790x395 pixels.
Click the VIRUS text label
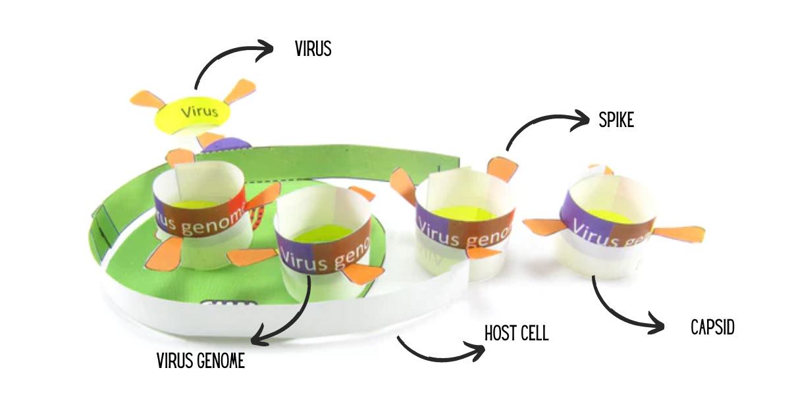tap(313, 49)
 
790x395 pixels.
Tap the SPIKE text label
tap(616, 120)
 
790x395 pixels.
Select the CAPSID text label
tap(712, 327)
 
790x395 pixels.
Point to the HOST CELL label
tap(516, 333)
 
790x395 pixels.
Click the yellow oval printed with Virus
tap(193, 113)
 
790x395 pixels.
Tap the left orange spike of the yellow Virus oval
tap(146, 99)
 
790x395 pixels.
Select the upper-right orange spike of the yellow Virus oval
tap(240, 90)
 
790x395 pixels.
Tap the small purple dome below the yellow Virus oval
tap(227, 145)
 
